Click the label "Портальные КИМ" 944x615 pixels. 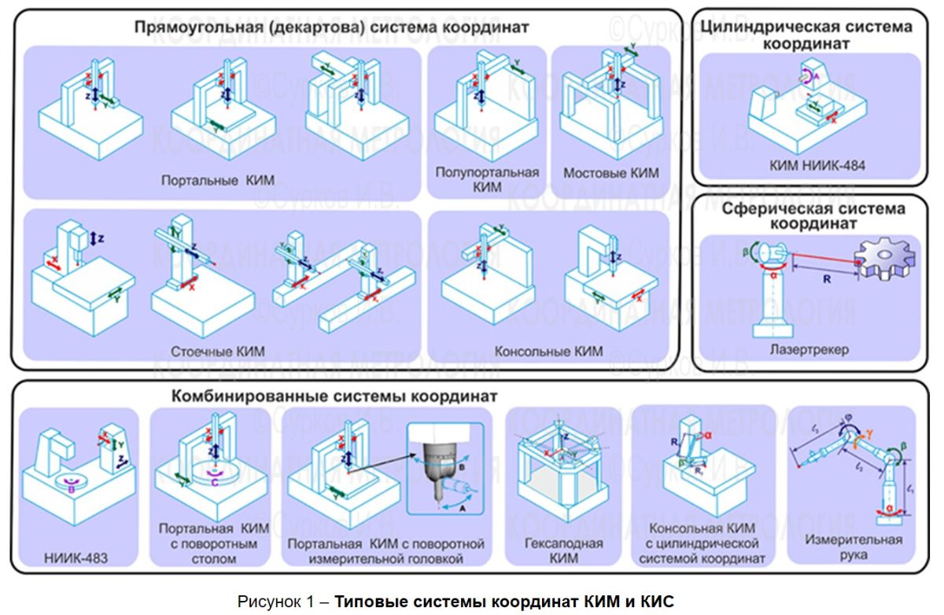coord(218,180)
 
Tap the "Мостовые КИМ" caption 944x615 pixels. coord(611,173)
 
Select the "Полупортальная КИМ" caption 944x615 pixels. coord(487,180)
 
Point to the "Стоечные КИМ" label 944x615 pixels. coord(218,352)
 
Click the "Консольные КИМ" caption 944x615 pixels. coord(548,352)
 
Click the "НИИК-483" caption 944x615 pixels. coord(76,559)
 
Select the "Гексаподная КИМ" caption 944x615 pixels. coord(564,551)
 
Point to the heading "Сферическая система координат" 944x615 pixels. coord(813,216)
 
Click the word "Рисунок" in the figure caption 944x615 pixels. coord(267,602)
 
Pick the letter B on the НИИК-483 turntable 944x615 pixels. coord(72,488)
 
